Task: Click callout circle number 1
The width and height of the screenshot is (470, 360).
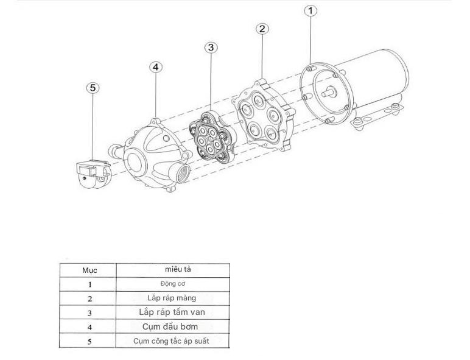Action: (x=310, y=11)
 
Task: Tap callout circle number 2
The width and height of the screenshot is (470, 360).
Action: (x=262, y=29)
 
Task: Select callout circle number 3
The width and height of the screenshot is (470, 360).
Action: (x=211, y=48)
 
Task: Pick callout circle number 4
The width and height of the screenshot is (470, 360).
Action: (x=156, y=67)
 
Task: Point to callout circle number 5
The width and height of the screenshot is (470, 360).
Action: (x=93, y=88)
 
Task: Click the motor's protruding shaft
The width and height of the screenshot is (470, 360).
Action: (x=329, y=92)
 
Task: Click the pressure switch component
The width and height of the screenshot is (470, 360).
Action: (x=93, y=174)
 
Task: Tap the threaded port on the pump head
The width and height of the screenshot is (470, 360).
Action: (x=181, y=174)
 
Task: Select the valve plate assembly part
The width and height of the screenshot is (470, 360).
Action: (x=212, y=137)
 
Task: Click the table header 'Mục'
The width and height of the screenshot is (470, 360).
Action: (x=89, y=270)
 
